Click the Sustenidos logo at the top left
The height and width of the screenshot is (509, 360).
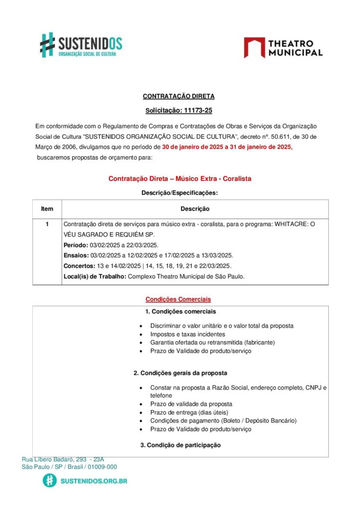pos(81,45)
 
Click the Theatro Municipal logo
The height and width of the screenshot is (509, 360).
pos(283,48)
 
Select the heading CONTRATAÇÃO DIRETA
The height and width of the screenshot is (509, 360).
pos(179,96)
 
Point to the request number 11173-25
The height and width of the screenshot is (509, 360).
pos(194,110)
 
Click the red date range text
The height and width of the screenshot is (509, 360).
pos(227,147)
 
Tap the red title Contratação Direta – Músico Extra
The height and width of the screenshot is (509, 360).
pos(183,178)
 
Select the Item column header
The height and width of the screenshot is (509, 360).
pos(47,209)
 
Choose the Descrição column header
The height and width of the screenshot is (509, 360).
pos(194,209)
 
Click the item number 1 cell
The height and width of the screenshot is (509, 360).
pos(47,224)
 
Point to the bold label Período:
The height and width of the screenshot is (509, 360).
pos(76,245)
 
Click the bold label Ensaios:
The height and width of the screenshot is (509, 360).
pos(76,255)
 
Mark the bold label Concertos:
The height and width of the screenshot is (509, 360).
pos(79,266)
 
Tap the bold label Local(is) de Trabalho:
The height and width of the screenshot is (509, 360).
pos(94,276)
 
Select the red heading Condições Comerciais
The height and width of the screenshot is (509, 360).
pos(178,299)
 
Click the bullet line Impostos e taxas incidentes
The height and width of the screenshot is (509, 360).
pos(187,335)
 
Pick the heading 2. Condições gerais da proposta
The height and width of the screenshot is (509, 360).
pos(180,373)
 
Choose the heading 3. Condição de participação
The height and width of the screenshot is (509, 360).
pos(180,445)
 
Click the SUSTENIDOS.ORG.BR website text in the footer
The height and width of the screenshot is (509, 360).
pos(93,481)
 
